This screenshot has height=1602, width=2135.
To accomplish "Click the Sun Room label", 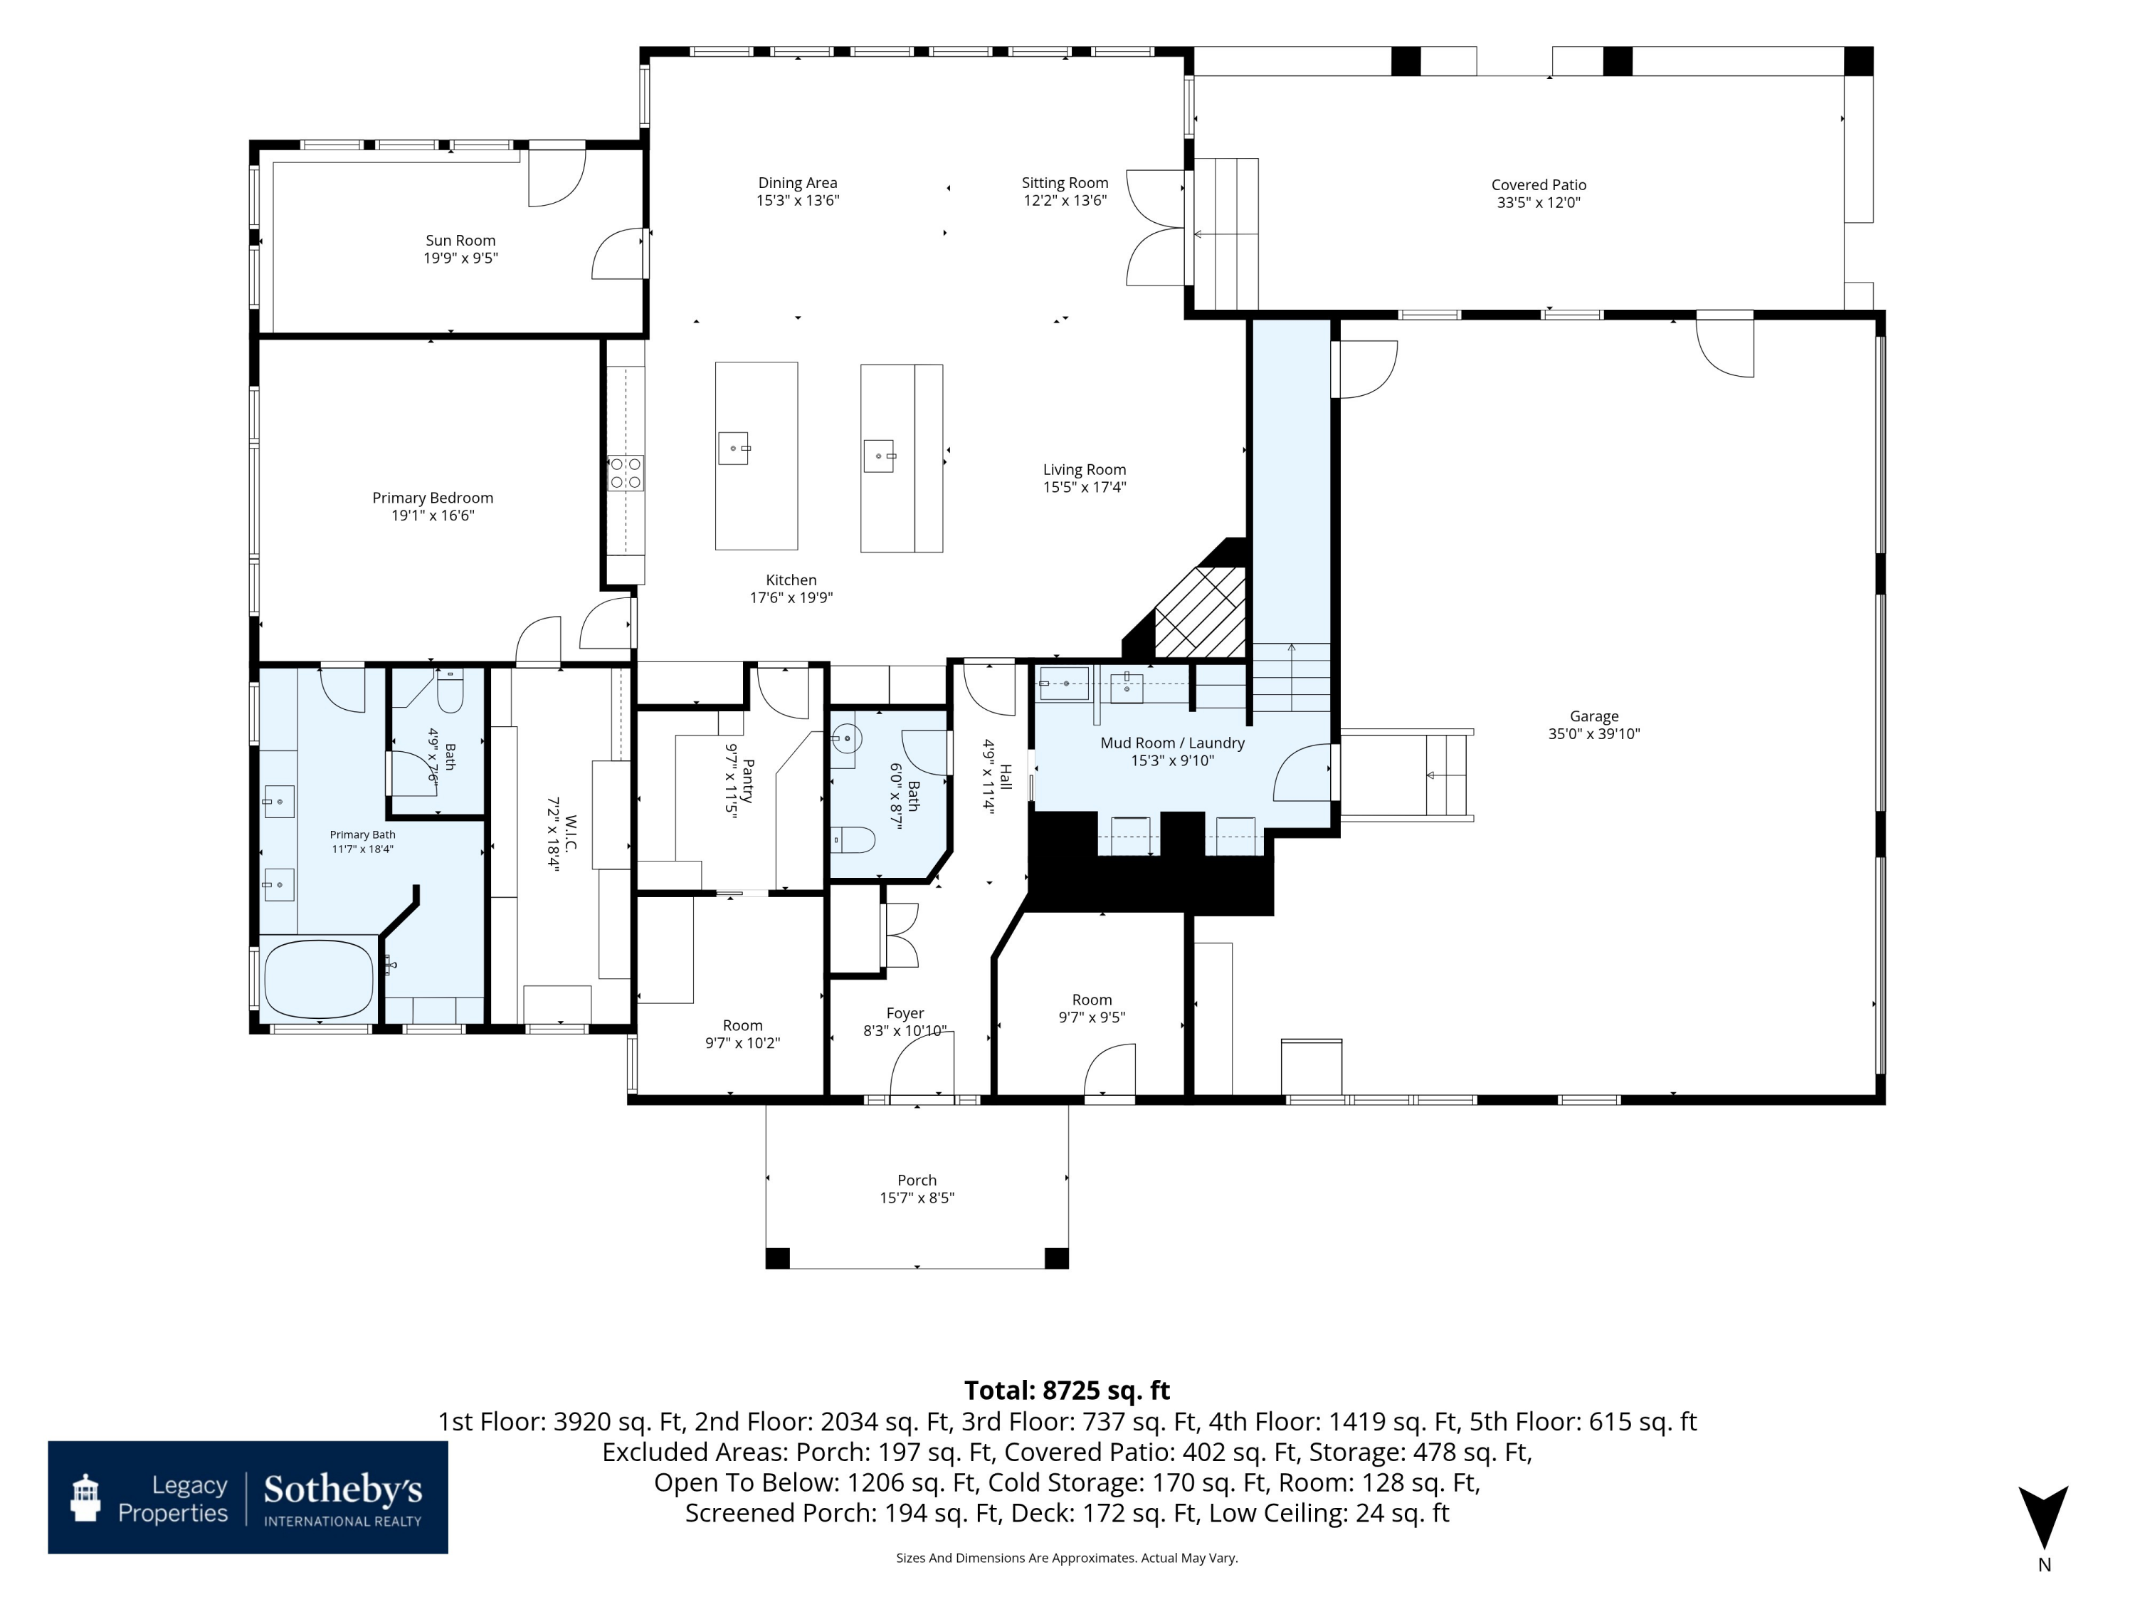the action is click(x=460, y=241).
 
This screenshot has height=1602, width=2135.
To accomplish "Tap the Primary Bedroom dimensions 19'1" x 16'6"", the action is click(x=433, y=515).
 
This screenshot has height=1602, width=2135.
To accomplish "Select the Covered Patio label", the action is click(x=1539, y=184).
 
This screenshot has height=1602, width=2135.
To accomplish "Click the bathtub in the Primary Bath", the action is click(x=319, y=978).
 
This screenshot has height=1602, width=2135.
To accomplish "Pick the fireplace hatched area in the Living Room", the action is click(x=1201, y=612).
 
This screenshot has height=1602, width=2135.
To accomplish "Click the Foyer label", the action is click(x=905, y=1014).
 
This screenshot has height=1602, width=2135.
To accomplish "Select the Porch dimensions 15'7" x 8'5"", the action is click(x=917, y=1198).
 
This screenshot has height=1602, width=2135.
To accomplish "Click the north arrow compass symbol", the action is click(x=2043, y=1517).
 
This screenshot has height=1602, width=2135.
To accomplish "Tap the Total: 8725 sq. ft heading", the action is click(x=1067, y=1391).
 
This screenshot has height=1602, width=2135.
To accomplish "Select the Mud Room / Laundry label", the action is click(x=1173, y=743).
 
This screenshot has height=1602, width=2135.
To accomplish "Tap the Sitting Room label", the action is click(x=1065, y=182).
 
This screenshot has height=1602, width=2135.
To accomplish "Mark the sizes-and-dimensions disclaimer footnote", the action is click(x=1067, y=1558).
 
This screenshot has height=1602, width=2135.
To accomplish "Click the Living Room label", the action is click(x=1084, y=469).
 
